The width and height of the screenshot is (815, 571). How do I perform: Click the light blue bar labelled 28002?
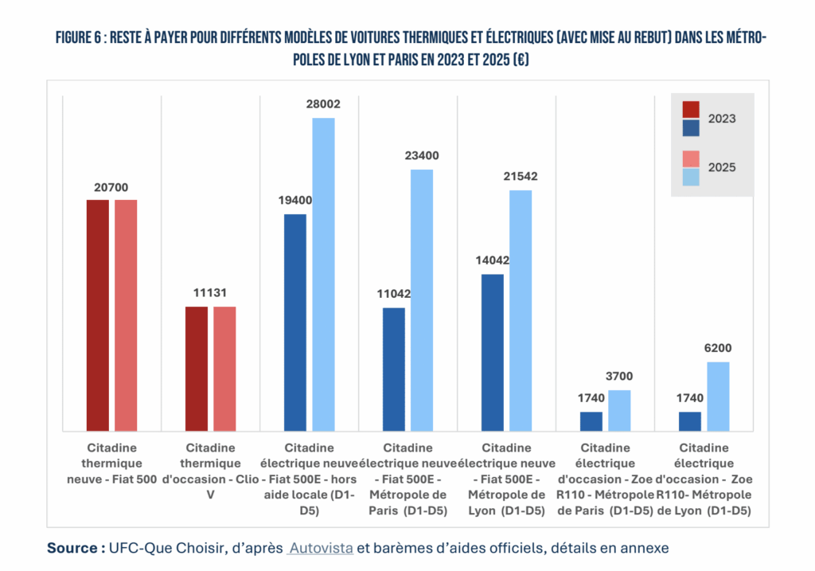(323, 274)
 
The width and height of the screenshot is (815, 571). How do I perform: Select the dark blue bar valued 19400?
(295, 323)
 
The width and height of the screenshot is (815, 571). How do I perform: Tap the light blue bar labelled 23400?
(422, 299)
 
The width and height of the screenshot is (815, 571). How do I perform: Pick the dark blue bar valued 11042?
(394, 369)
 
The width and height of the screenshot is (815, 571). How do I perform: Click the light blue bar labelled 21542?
(521, 311)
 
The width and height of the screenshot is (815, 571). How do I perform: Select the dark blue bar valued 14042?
(493, 352)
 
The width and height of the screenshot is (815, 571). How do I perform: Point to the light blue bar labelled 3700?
(619, 410)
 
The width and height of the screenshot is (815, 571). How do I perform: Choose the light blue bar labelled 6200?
(718, 396)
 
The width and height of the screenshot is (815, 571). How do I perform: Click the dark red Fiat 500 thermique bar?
(98, 315)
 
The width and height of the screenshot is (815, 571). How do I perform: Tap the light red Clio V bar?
(224, 368)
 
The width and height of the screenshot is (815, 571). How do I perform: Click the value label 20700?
(111, 188)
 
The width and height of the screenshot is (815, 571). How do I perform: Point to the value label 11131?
(210, 293)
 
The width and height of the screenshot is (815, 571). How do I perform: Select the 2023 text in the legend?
(722, 119)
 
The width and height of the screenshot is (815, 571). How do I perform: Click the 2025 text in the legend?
(722, 167)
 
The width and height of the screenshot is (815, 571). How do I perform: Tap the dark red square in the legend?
(691, 109)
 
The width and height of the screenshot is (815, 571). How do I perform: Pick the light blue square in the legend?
(691, 176)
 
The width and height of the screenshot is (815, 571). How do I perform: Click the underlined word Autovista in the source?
(321, 548)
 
